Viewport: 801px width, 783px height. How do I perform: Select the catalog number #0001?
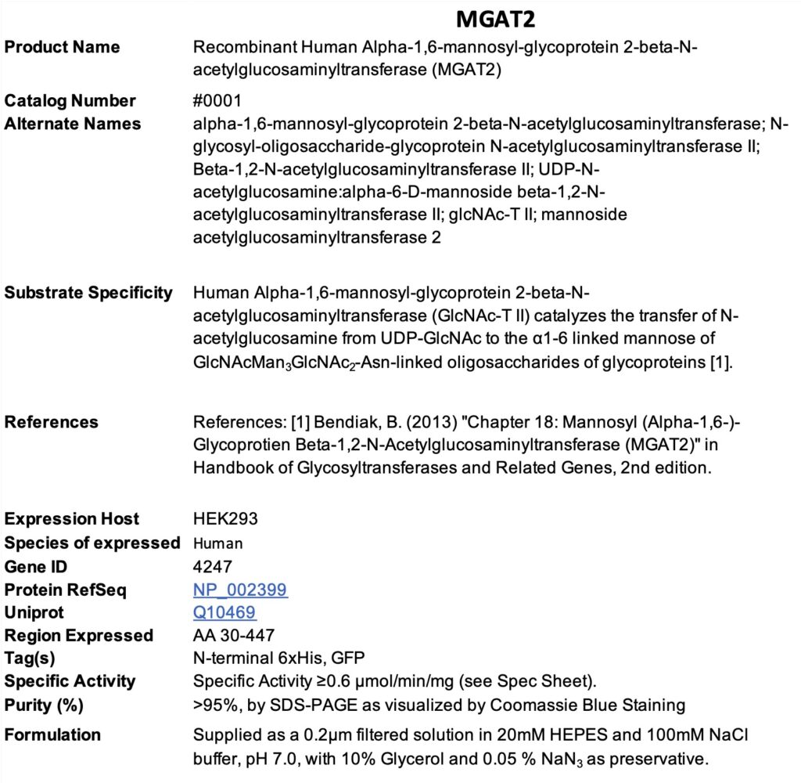[x=218, y=101]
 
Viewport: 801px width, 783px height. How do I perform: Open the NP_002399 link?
[x=240, y=590]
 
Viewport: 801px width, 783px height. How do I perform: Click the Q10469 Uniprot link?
[x=224, y=612]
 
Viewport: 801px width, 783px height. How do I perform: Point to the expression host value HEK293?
[x=225, y=519]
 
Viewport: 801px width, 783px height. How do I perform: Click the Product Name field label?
[x=62, y=47]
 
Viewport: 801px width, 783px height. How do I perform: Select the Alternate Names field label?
[x=73, y=124]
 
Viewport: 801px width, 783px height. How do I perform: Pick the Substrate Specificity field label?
[x=88, y=293]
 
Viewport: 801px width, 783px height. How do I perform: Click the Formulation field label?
[x=52, y=734]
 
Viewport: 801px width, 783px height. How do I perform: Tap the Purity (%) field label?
[x=44, y=705]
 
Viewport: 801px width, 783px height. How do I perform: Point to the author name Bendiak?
[x=341, y=423]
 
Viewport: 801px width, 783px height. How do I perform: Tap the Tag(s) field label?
[x=30, y=659]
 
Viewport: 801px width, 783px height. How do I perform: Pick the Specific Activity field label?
[x=70, y=681]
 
